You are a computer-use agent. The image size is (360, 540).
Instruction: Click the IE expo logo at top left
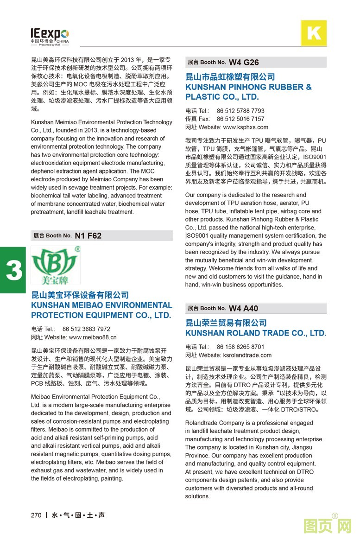(x=50, y=35)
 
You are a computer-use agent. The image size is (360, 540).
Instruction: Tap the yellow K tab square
(x=314, y=33)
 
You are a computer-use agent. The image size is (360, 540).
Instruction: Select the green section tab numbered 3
(x=13, y=271)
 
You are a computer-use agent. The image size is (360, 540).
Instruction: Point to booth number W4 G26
(x=244, y=62)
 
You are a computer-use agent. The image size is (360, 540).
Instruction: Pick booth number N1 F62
(x=88, y=235)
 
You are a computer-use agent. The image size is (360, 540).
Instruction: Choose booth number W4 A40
(x=243, y=308)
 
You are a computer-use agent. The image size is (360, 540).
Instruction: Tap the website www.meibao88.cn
(x=93, y=337)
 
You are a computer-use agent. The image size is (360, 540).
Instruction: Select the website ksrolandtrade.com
(x=247, y=355)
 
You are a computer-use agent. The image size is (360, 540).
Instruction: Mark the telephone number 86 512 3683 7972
(x=86, y=329)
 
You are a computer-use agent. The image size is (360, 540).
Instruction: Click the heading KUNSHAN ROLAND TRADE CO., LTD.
(x=256, y=333)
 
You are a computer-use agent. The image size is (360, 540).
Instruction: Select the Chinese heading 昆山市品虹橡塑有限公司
(x=230, y=77)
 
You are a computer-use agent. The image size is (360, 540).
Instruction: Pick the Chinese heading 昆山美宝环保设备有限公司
(x=80, y=295)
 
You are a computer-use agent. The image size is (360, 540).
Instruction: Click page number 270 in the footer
(x=36, y=515)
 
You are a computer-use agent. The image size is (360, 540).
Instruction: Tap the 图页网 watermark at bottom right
(x=327, y=527)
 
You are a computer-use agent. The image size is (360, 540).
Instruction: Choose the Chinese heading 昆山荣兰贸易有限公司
(x=226, y=323)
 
